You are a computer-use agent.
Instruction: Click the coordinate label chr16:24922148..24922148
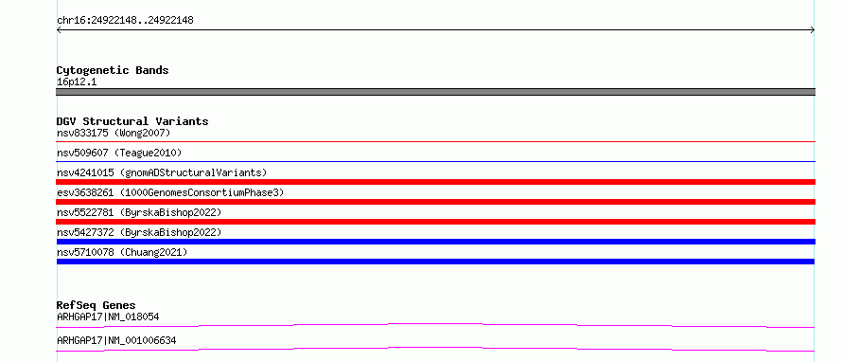[x=125, y=21]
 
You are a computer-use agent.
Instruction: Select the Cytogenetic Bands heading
[x=113, y=70]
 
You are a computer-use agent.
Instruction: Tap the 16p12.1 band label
[x=77, y=82]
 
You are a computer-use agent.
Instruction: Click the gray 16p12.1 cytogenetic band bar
[x=435, y=92]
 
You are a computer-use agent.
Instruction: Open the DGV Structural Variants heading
[x=132, y=121]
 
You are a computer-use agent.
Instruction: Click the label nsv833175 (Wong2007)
[x=114, y=133]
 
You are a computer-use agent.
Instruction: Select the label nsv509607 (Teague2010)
[x=119, y=154]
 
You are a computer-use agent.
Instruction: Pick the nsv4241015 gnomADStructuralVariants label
[x=162, y=172]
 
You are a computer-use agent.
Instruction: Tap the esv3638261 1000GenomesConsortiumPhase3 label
[x=170, y=192]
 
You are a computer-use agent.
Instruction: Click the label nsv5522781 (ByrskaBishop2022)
[x=139, y=212]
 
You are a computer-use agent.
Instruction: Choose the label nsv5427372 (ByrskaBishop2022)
[x=139, y=232]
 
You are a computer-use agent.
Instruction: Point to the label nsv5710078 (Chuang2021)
[x=122, y=252]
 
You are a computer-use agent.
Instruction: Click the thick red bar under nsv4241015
[x=435, y=182]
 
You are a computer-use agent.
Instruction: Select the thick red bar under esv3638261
[x=435, y=202]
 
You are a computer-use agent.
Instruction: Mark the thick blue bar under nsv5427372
[x=435, y=242]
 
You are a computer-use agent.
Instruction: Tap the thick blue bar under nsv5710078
[x=435, y=262]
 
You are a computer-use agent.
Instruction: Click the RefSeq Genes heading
[x=96, y=306]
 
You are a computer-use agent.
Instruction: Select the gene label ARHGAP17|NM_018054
[x=108, y=317]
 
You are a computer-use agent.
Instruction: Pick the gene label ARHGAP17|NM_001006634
[x=116, y=341]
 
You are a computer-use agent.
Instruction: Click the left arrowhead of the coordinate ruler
[x=58, y=30]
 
